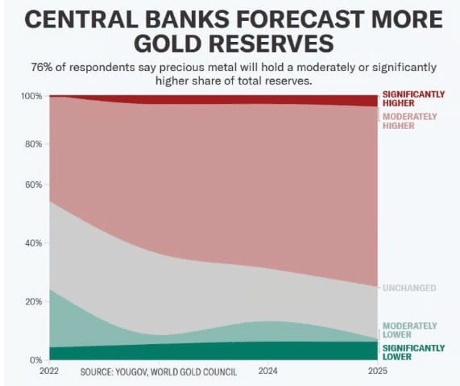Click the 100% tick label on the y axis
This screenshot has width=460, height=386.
click(31, 96)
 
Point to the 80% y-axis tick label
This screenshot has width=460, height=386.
click(34, 144)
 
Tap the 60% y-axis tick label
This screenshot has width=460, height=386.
click(34, 185)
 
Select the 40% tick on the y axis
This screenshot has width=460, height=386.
click(34, 243)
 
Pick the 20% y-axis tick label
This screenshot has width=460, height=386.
click(34, 301)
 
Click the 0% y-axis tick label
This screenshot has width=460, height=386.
click(35, 360)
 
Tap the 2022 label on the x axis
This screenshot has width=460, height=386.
click(49, 371)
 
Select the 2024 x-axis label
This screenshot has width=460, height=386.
click(267, 371)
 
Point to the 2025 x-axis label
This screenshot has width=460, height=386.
click(378, 371)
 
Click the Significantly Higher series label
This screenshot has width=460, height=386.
click(413, 99)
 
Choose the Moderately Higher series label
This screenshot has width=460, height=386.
click(410, 121)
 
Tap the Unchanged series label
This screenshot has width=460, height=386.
click(409, 288)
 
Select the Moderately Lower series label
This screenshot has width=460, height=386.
click(410, 330)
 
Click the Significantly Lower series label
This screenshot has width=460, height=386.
click(413, 352)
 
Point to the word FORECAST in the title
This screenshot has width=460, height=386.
click(299, 19)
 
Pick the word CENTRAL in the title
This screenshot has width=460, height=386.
click(81, 19)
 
